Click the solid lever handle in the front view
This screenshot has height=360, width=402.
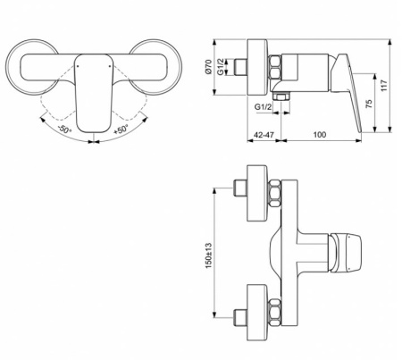pyautogui.click(x=91, y=89)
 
